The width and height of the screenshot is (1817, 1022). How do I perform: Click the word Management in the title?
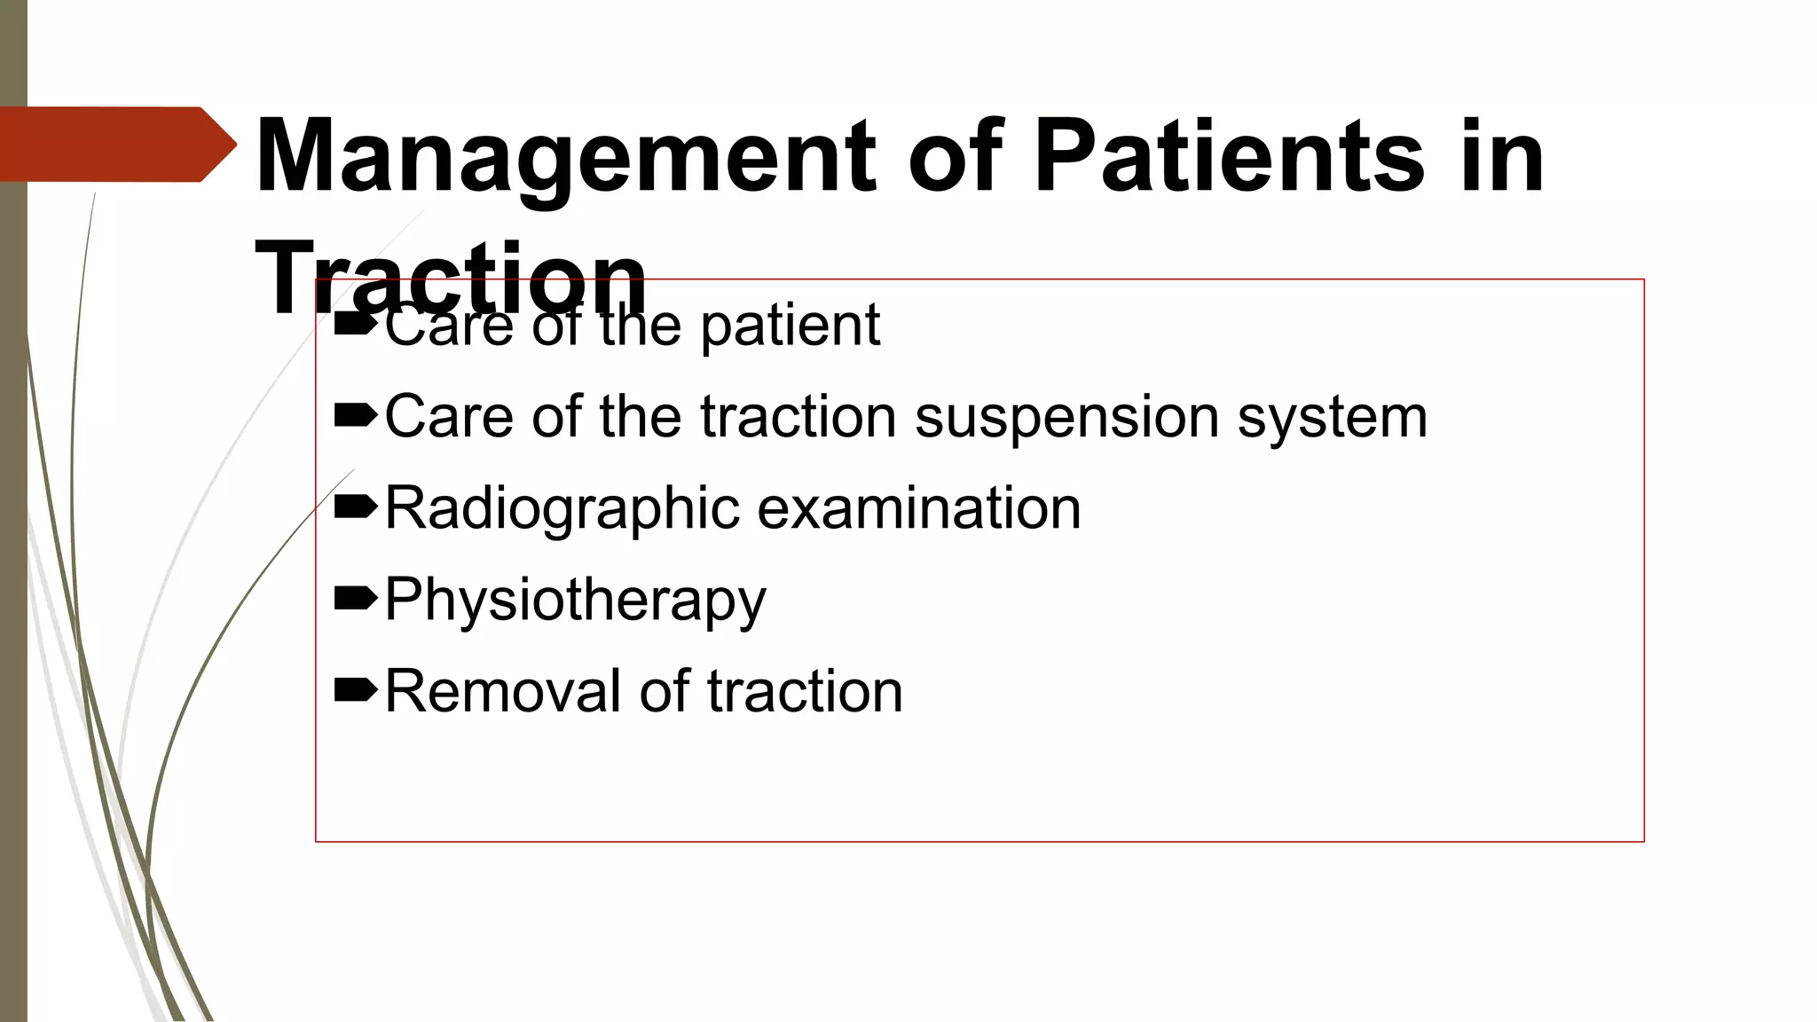click(x=565, y=158)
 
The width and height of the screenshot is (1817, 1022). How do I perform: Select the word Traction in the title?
click(x=451, y=277)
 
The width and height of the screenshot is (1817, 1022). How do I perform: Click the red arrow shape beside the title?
click(x=118, y=144)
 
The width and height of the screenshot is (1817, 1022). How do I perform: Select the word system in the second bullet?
click(x=1333, y=416)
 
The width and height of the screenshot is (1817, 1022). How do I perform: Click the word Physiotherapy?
click(x=575, y=601)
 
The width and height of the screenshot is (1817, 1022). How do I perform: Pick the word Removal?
click(x=502, y=691)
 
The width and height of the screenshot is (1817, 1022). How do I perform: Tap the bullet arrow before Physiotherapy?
click(x=356, y=601)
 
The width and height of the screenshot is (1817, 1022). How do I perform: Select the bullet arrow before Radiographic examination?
click(x=356, y=507)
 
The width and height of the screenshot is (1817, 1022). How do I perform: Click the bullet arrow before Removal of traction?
click(x=356, y=690)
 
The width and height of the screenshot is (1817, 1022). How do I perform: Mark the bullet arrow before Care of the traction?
click(x=356, y=415)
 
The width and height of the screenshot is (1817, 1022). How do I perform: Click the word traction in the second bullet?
click(x=798, y=416)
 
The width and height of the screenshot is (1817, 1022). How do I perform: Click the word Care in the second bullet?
click(x=449, y=416)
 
